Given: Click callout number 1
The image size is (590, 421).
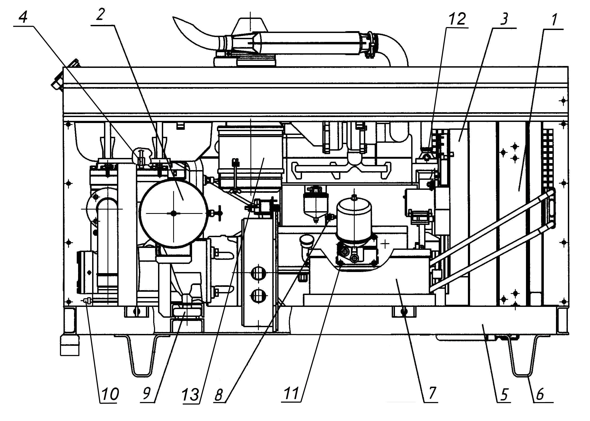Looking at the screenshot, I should (554, 19).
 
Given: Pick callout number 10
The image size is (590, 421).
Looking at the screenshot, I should (109, 394).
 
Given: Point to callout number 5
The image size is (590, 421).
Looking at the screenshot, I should (504, 395).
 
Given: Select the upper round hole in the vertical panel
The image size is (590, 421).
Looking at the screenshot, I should (258, 273).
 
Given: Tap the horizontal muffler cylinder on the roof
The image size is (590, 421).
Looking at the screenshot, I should (308, 42).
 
